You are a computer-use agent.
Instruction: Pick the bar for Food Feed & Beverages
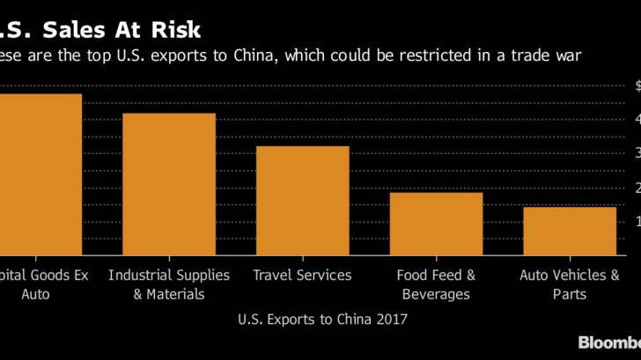(x=436, y=224)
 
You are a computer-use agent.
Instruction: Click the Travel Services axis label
(x=302, y=276)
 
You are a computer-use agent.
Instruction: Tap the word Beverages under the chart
(x=436, y=294)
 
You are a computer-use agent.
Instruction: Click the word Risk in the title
(x=174, y=30)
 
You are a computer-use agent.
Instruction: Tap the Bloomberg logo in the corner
(x=608, y=342)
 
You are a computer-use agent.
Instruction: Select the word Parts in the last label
(x=570, y=294)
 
